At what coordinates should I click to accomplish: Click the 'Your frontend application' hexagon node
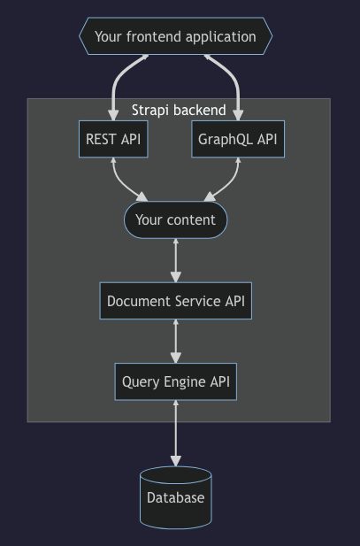175,37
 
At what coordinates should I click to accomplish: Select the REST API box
113,139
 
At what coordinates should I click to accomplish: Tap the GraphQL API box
238,139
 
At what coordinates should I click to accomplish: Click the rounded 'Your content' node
175,219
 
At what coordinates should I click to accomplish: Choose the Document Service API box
175,301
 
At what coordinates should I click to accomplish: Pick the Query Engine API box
175,382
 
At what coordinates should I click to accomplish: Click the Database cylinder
175,497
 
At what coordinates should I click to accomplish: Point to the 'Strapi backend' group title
179,111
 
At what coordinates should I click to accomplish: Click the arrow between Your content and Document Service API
176,260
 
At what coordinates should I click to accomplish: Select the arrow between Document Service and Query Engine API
176,342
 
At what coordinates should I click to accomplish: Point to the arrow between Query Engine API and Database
176,434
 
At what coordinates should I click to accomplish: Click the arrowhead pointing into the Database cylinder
176,461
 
